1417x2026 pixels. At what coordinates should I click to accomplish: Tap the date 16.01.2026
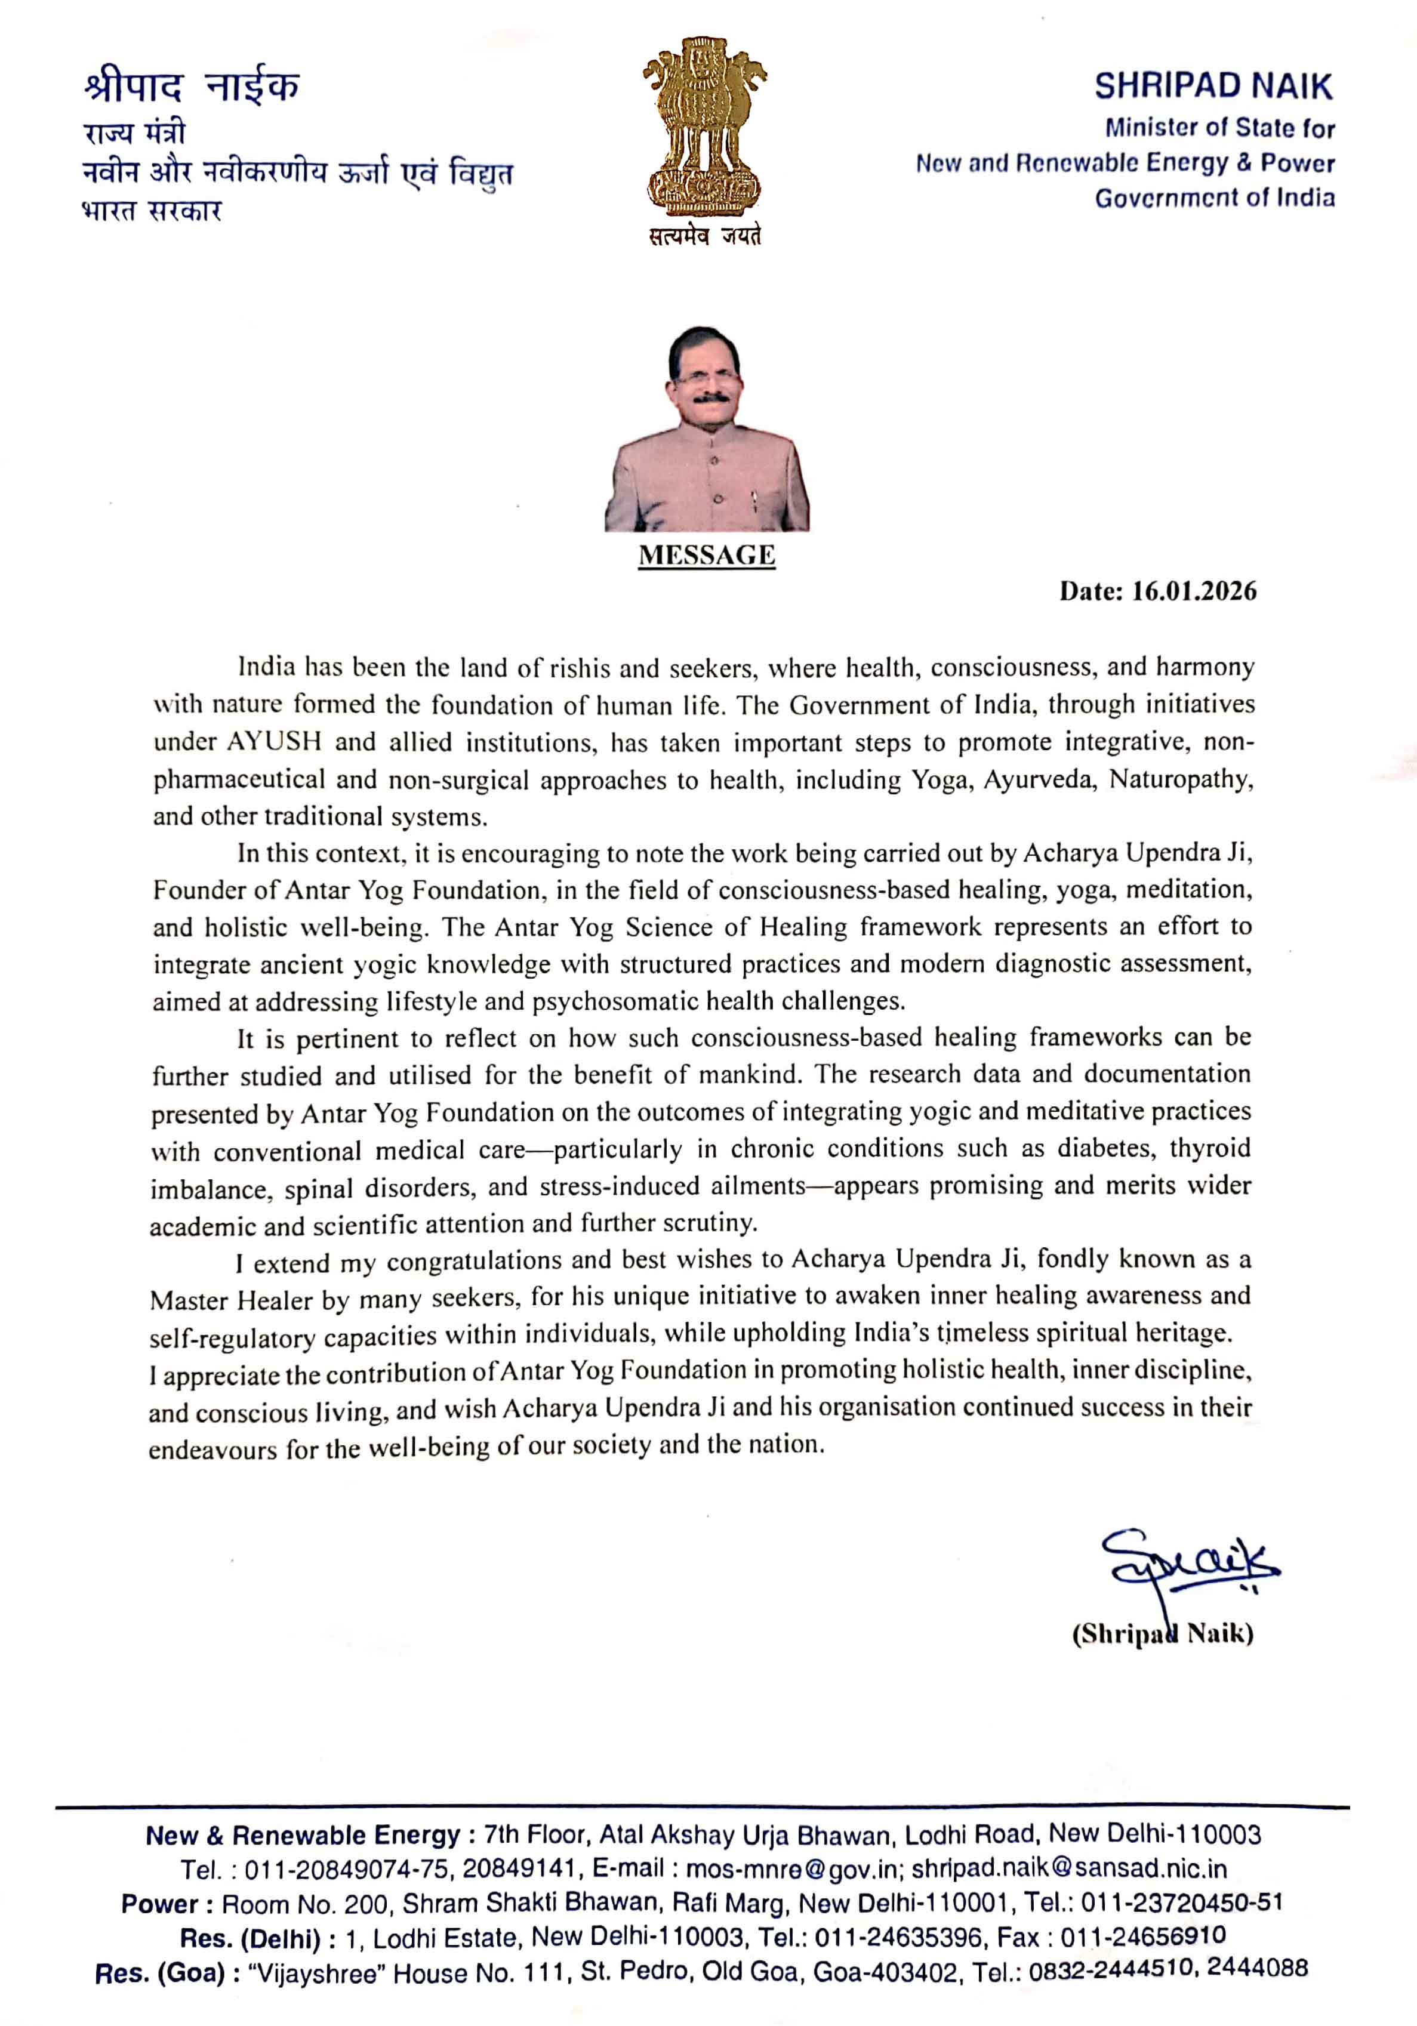pos(1194,591)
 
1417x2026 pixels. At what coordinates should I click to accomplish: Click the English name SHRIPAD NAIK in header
pos(1213,87)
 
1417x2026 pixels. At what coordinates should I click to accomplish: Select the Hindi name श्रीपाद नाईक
pos(192,87)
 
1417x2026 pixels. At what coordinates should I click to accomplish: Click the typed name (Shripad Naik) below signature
pos(1162,1633)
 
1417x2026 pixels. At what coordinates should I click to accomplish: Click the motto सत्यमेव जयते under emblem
pos(704,236)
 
